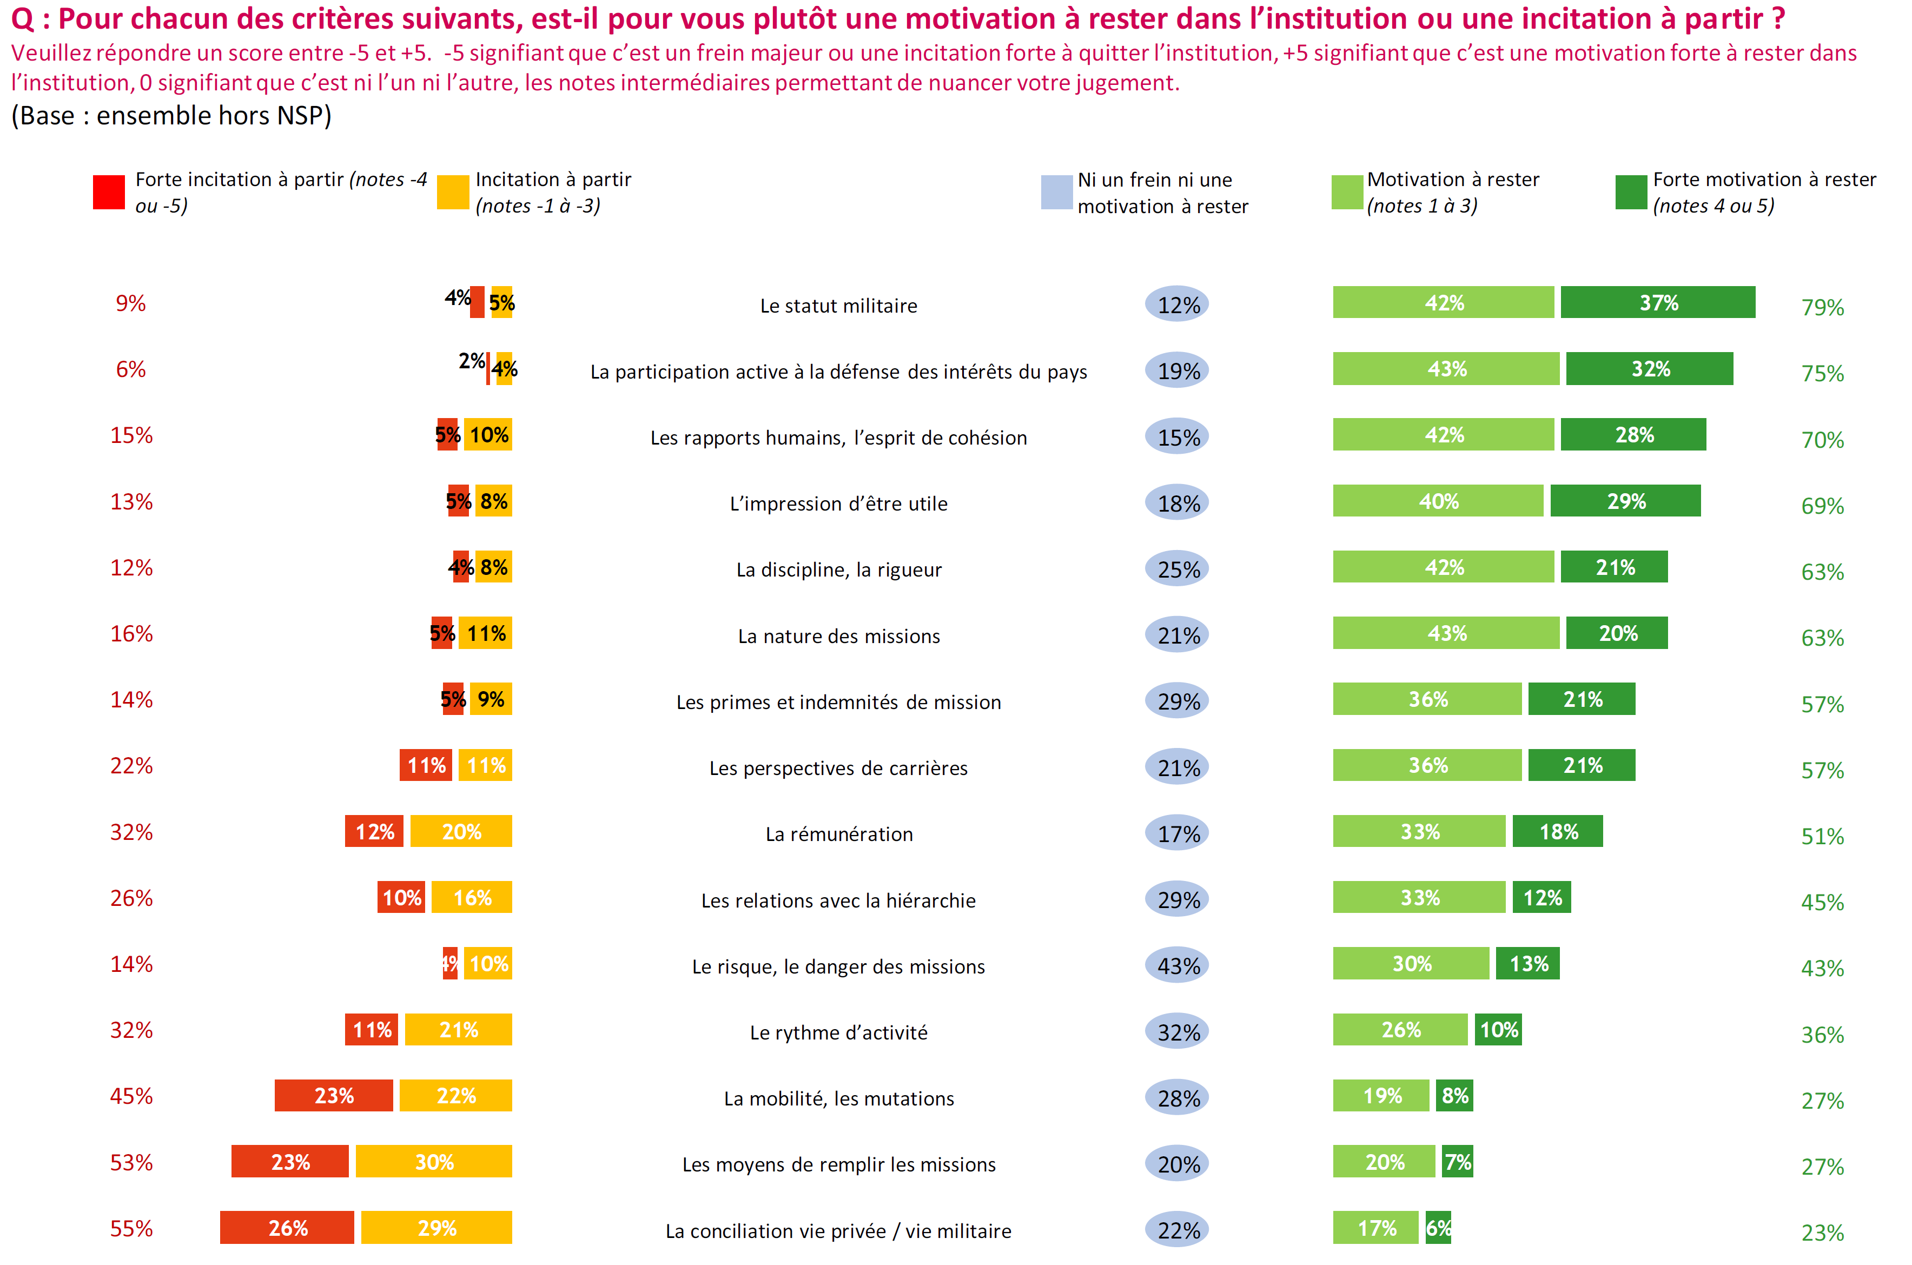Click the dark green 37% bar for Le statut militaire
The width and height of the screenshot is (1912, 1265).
tap(1657, 302)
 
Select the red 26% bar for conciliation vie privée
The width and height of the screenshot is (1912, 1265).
tap(287, 1228)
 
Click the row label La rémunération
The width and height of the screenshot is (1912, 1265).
tap(839, 834)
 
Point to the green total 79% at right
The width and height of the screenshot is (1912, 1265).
tap(1822, 307)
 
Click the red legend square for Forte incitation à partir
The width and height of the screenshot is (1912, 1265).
tap(109, 192)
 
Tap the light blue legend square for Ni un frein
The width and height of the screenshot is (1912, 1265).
tap(1056, 192)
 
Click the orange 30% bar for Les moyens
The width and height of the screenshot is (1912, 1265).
tap(434, 1162)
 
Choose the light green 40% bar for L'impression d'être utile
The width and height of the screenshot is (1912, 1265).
tap(1438, 501)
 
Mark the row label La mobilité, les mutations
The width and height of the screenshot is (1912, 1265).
tap(839, 1099)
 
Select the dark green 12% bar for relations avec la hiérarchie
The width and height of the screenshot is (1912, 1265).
tap(1541, 897)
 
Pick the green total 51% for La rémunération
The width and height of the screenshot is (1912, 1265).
tap(1822, 837)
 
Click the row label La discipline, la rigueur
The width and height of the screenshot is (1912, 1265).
tap(839, 569)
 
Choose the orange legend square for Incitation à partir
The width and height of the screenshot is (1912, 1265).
tap(453, 192)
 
